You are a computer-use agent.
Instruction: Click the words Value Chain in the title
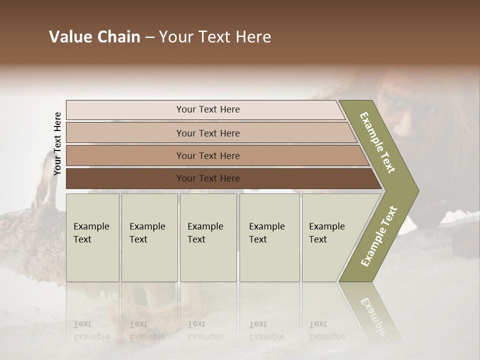[94, 37]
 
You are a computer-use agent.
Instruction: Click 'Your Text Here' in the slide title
[215, 37]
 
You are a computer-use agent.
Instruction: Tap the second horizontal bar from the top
[207, 133]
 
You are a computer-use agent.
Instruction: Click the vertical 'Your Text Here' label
[57, 143]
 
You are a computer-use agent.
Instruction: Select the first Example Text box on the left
[92, 237]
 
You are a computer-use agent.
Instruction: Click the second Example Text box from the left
[149, 237]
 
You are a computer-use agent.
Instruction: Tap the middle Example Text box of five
[208, 237]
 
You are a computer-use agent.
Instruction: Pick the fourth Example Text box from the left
[269, 237]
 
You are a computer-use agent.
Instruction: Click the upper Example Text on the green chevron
[377, 142]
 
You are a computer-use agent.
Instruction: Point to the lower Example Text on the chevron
[378, 236]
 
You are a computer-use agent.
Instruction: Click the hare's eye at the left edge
[5, 223]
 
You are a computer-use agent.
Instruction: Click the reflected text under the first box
[91, 330]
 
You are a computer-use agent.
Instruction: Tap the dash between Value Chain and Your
[149, 37]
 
